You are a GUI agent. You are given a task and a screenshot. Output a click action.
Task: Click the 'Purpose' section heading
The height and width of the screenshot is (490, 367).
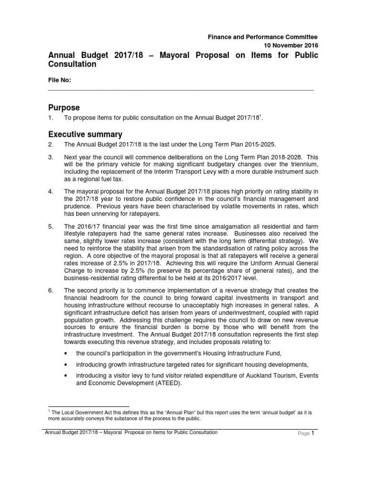pyautogui.click(x=64, y=107)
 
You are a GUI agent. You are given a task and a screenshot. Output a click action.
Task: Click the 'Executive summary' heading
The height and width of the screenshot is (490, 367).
pyautogui.click(x=86, y=134)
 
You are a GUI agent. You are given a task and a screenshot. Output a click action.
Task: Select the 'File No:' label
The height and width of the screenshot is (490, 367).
pyautogui.click(x=60, y=80)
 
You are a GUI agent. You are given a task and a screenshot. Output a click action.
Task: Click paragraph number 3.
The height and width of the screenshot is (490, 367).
pyautogui.click(x=51, y=157)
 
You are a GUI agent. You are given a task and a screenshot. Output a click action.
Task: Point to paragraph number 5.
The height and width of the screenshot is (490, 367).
pyautogui.click(x=51, y=226)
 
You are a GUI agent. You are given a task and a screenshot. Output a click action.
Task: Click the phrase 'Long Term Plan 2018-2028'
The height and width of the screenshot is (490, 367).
pyautogui.click(x=251, y=157)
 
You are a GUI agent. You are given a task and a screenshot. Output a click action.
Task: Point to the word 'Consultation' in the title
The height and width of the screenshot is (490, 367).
pyautogui.click(x=72, y=65)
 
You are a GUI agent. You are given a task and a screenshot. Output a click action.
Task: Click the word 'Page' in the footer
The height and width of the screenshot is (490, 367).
pyautogui.click(x=304, y=434)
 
